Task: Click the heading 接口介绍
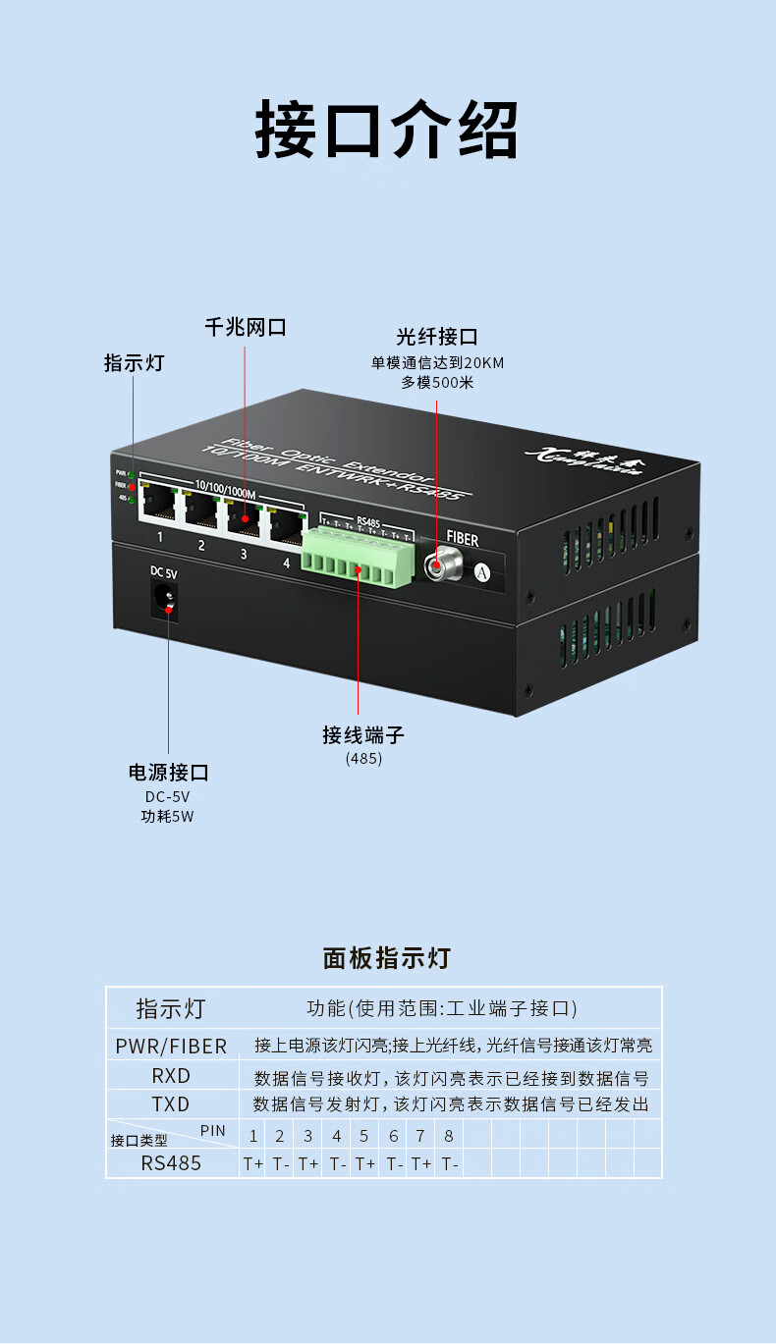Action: pos(387,130)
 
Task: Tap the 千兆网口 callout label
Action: pos(246,328)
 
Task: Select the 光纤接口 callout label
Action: pos(437,338)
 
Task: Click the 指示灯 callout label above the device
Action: pos(135,363)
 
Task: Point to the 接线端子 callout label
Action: pos(363,735)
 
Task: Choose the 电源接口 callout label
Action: pos(168,773)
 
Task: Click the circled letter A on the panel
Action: pos(481,571)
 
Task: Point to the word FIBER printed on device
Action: pos(463,538)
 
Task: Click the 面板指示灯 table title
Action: pos(387,958)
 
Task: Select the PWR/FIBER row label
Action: pos(171,1047)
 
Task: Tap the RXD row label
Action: pos(171,1076)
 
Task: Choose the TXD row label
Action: pos(171,1104)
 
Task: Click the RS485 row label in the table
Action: pos(171,1163)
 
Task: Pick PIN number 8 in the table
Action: pos(449,1136)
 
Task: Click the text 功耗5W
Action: pos(168,817)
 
